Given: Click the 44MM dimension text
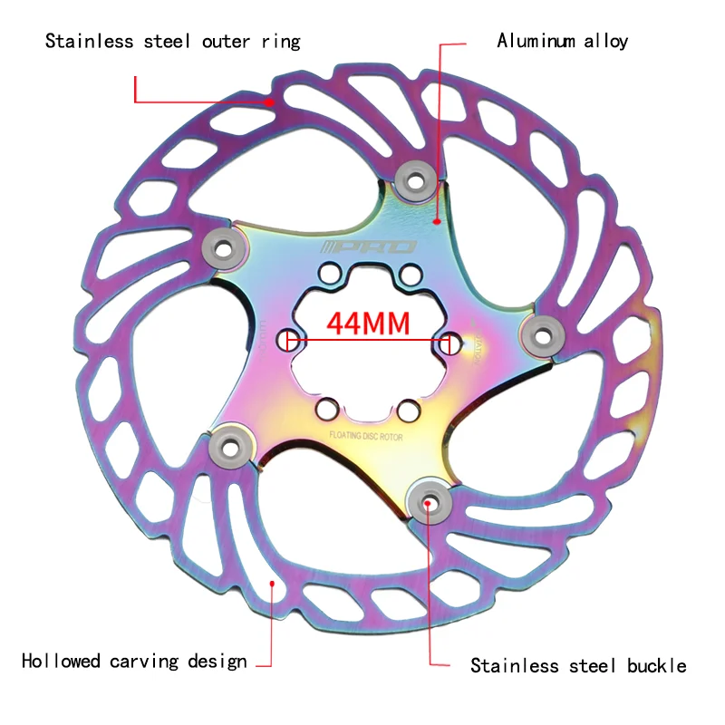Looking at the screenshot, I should coord(369,324).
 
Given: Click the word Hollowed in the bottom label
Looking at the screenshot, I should coord(61,661).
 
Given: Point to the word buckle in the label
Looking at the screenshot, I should coord(656,666).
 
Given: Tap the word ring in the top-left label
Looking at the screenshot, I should coord(277,41).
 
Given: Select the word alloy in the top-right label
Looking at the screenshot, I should coord(605,41).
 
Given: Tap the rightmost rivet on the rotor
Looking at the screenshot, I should coord(537,333).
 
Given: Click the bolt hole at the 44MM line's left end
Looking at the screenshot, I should coord(289,340).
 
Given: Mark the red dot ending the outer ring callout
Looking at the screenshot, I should coord(270,103).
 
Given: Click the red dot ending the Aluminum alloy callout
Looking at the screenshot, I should coord(437,220).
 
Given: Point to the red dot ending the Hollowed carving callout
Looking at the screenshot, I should coord(272,585).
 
